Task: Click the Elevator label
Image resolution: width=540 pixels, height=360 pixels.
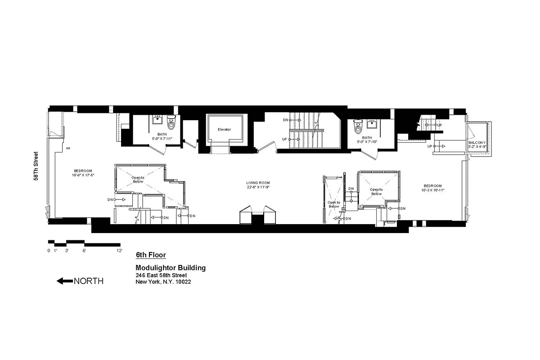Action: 224,130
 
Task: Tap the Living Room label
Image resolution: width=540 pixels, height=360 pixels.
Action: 258,182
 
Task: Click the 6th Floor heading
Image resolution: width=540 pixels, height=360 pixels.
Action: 151,255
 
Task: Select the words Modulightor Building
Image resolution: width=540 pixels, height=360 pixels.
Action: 171,268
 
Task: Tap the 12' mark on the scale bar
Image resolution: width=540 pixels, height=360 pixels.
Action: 119,251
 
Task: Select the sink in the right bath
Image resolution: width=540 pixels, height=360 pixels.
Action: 372,124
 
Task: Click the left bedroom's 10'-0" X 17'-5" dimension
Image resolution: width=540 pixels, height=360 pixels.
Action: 83,175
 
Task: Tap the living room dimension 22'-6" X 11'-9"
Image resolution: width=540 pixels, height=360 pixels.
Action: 258,186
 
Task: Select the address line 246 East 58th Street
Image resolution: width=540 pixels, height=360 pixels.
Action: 162,275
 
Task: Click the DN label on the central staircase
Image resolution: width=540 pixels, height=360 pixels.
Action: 285,120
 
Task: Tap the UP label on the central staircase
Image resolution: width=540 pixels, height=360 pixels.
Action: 284,139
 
